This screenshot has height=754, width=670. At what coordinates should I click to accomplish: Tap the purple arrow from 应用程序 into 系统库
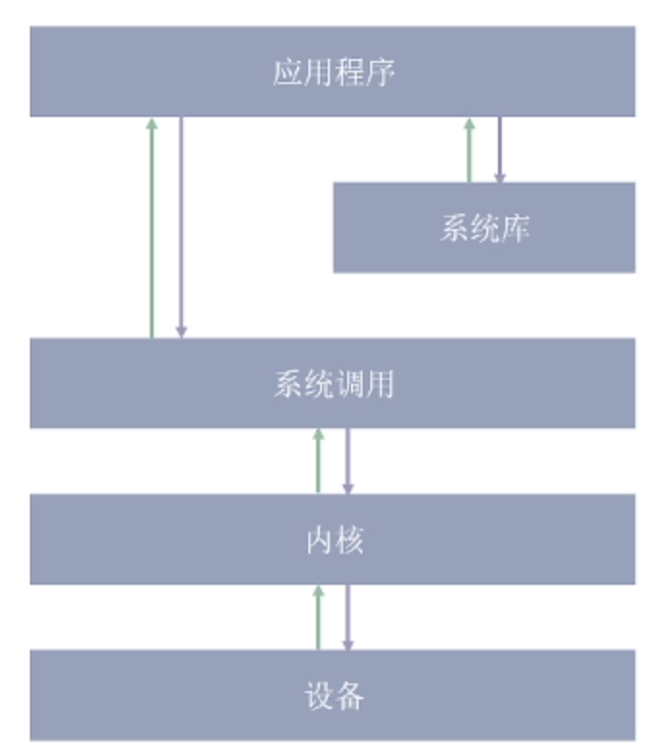pyautogui.click(x=499, y=150)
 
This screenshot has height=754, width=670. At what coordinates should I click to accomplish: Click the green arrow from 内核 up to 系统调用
pyautogui.click(x=318, y=461)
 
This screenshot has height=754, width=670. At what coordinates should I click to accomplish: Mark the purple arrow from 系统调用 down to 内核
pyautogui.click(x=347, y=461)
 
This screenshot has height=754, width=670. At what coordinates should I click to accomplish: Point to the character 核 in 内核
pyautogui.click(x=349, y=539)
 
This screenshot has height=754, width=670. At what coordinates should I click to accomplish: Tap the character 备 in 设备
pyautogui.click(x=349, y=695)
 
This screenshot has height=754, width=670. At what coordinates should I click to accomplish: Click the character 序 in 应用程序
pyautogui.click(x=380, y=72)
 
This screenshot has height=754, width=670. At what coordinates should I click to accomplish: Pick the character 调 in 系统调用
pyautogui.click(x=349, y=384)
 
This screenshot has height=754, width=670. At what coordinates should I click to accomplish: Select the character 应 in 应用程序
pyautogui.click(x=287, y=72)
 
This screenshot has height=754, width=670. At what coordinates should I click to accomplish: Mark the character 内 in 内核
pyautogui.click(x=320, y=539)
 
